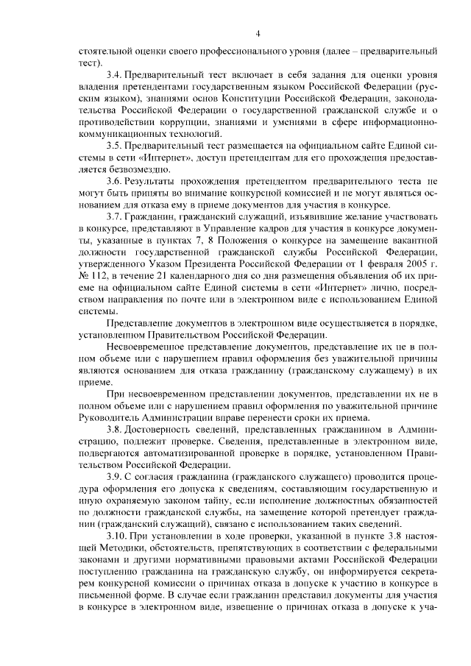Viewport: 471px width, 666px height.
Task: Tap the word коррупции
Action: pos(183,123)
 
